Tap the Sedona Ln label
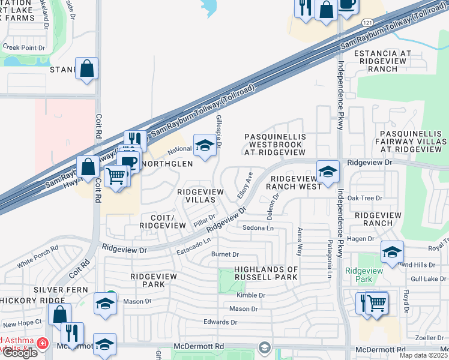(x=258, y=228)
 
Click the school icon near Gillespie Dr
(x=205, y=146)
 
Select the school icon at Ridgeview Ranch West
(x=328, y=172)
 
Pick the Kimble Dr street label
(x=251, y=295)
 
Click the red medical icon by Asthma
(x=42, y=344)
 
